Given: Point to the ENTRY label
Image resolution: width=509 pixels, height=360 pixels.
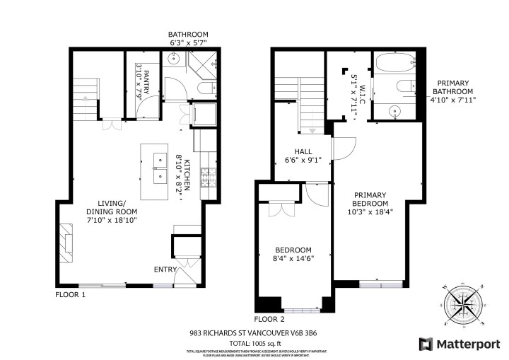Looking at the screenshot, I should [x=165, y=269].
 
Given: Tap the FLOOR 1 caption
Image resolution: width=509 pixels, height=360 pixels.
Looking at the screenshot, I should [x=71, y=294].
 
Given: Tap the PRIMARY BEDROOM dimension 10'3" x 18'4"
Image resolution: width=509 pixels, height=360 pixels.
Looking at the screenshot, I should [x=370, y=211].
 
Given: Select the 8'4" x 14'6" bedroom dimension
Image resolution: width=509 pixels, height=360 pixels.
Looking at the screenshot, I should [x=293, y=259].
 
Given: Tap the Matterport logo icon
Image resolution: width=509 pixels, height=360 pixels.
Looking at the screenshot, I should [x=426, y=344].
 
